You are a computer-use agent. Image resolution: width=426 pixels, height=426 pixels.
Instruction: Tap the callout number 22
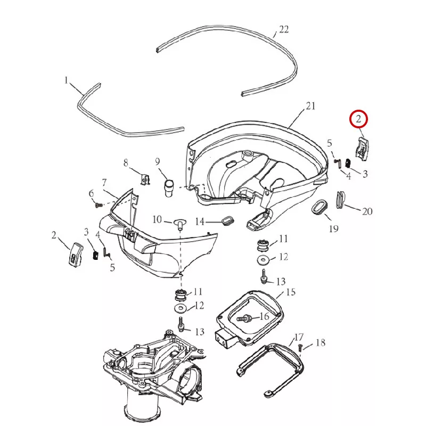coord(283,29)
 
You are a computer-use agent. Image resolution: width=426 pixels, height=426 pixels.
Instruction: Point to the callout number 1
coord(67,80)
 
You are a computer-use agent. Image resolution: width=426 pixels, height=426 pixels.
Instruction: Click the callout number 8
coord(126,162)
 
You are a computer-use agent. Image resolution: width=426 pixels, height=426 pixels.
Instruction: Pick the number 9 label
coord(158,161)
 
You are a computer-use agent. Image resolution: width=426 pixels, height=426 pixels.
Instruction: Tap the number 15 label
coord(291,292)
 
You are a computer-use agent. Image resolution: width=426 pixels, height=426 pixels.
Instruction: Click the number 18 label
coord(320,343)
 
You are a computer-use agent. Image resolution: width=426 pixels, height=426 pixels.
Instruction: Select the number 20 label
coord(367,211)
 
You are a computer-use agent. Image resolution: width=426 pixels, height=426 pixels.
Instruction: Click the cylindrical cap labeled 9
coord(169,187)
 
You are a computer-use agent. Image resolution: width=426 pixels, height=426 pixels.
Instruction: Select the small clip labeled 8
coord(143,178)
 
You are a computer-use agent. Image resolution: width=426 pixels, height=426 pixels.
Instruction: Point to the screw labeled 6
coord(98,204)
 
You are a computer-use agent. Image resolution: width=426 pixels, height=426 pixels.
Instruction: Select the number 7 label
coord(104,183)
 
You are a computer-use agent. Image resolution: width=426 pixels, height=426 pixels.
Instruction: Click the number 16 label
coord(264,317)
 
